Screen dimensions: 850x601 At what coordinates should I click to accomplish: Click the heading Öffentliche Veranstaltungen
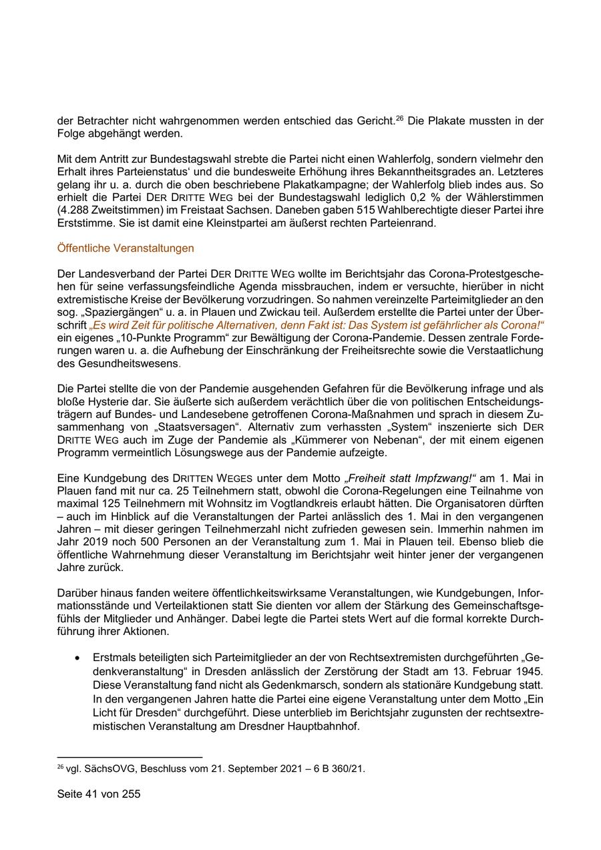[x=126, y=248]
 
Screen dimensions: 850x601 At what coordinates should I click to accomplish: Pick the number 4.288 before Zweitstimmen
[x=73, y=212]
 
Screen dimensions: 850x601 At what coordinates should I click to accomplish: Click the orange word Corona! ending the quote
[x=522, y=324]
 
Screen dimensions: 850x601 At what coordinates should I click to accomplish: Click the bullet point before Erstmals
[x=78, y=657]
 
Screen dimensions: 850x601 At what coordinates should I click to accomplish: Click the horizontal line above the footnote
[x=130, y=757]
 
